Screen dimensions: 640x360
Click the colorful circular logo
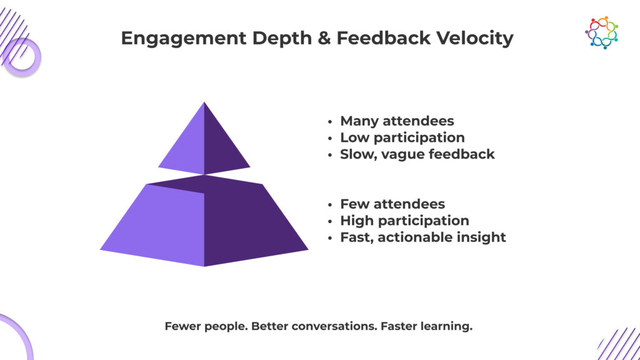tap(602, 32)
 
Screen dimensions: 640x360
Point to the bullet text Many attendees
tap(397, 121)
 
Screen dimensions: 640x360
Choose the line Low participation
tap(402, 138)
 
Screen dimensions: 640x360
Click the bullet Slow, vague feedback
tap(417, 154)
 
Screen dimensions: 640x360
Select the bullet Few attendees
tap(392, 204)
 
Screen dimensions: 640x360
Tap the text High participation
tap(404, 221)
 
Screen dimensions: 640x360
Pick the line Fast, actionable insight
tap(423, 237)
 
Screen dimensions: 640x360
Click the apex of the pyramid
tap(204, 102)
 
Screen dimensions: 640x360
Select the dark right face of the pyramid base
tap(249, 222)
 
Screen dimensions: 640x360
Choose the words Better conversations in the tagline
tap(314, 326)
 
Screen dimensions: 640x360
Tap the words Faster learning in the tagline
tap(426, 326)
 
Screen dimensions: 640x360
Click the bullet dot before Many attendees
tap(330, 122)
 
